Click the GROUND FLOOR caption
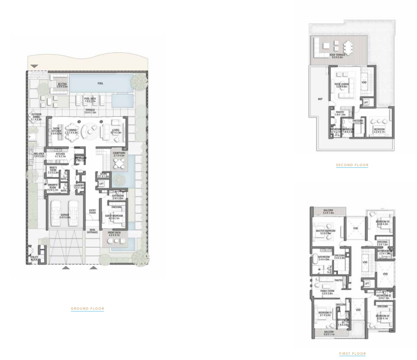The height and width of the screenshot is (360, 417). [87, 309]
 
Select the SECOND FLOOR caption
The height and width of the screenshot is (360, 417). [352, 166]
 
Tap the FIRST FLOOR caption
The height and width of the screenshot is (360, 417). [352, 354]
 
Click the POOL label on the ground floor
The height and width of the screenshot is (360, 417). [101, 83]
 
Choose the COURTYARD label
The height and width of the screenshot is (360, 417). [119, 155]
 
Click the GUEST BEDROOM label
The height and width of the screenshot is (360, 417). [115, 217]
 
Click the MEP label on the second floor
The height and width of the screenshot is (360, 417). [320, 99]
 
